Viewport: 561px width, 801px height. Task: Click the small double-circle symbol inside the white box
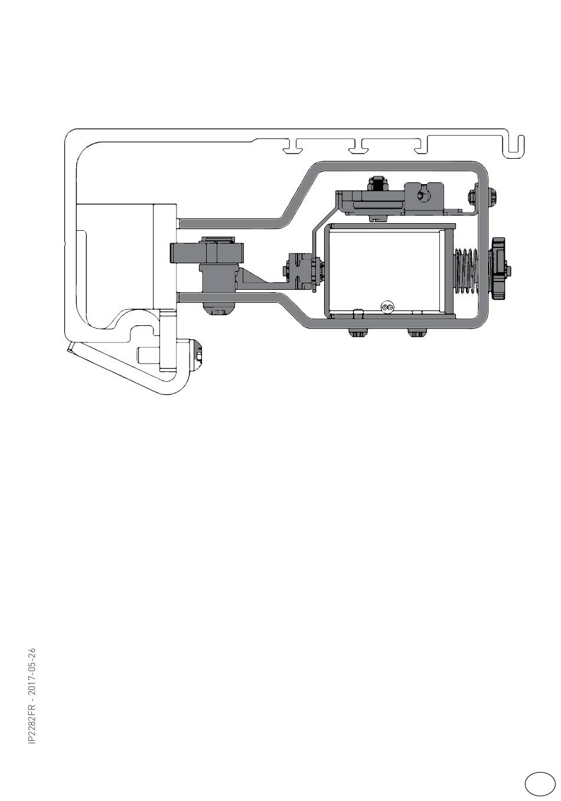coord(387,307)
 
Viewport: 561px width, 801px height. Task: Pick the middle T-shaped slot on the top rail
coord(357,148)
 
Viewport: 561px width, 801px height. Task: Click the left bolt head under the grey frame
coord(357,334)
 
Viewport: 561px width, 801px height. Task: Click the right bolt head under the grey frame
coord(417,334)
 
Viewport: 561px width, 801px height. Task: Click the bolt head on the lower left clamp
coord(198,354)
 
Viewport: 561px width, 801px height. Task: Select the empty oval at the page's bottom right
coord(539,783)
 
